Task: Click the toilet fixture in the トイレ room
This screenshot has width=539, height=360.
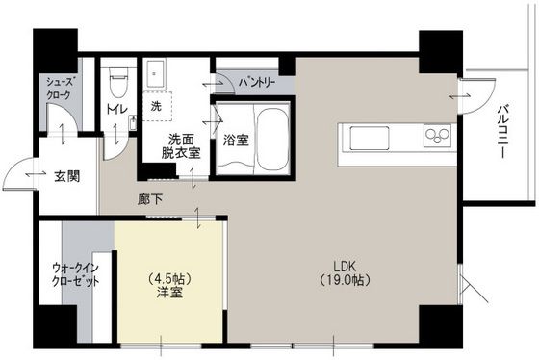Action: point(118,82)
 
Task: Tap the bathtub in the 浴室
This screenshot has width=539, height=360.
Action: point(273,140)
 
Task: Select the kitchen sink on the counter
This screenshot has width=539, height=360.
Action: point(370,138)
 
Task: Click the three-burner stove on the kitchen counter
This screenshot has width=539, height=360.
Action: point(437,135)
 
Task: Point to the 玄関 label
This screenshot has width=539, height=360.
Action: point(67,176)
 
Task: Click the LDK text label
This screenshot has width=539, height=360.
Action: point(345,266)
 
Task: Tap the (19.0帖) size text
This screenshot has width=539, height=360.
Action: point(345,280)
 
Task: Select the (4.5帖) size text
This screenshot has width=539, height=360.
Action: point(169,278)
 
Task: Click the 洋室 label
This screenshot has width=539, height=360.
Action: point(169,293)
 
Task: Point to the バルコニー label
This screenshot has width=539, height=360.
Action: point(503,132)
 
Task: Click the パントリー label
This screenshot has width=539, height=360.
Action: point(257,82)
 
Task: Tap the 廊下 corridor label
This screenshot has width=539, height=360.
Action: point(150,199)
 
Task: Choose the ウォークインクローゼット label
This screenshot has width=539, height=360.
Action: point(76,274)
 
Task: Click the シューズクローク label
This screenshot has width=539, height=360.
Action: point(60,88)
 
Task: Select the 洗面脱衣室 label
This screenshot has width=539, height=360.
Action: point(181,146)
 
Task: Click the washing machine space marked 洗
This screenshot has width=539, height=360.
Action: point(156,106)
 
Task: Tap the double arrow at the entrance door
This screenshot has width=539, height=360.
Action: point(36,174)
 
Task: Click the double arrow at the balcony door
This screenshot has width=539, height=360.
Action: point(460,96)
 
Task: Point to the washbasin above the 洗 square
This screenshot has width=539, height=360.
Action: point(154,73)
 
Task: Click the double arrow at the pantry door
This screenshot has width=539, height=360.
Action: point(213,84)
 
